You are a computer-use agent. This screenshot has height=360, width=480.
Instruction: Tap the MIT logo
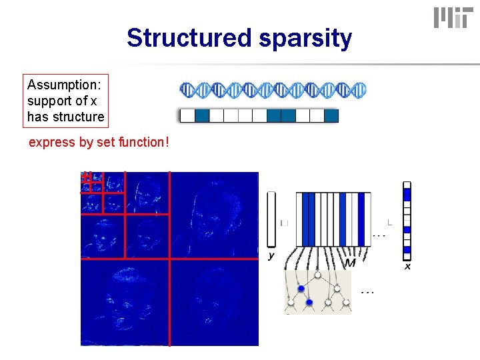(x=451, y=18)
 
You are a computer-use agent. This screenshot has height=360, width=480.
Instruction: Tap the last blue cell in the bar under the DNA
(x=331, y=116)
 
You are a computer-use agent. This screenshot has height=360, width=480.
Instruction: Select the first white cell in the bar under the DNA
(x=187, y=116)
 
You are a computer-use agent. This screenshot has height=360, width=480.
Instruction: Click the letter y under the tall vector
(x=271, y=255)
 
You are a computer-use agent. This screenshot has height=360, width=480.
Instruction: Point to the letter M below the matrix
(x=350, y=264)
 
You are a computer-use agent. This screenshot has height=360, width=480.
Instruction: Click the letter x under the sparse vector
(x=407, y=266)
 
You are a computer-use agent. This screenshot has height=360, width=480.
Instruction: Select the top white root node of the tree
(x=318, y=274)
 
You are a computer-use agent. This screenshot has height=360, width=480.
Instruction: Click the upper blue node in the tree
(x=301, y=288)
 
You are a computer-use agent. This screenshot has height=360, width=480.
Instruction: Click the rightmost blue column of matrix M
(x=361, y=219)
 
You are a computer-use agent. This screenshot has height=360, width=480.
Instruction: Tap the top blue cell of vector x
(x=407, y=195)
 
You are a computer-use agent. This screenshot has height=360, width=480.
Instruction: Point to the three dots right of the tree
(x=367, y=291)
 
